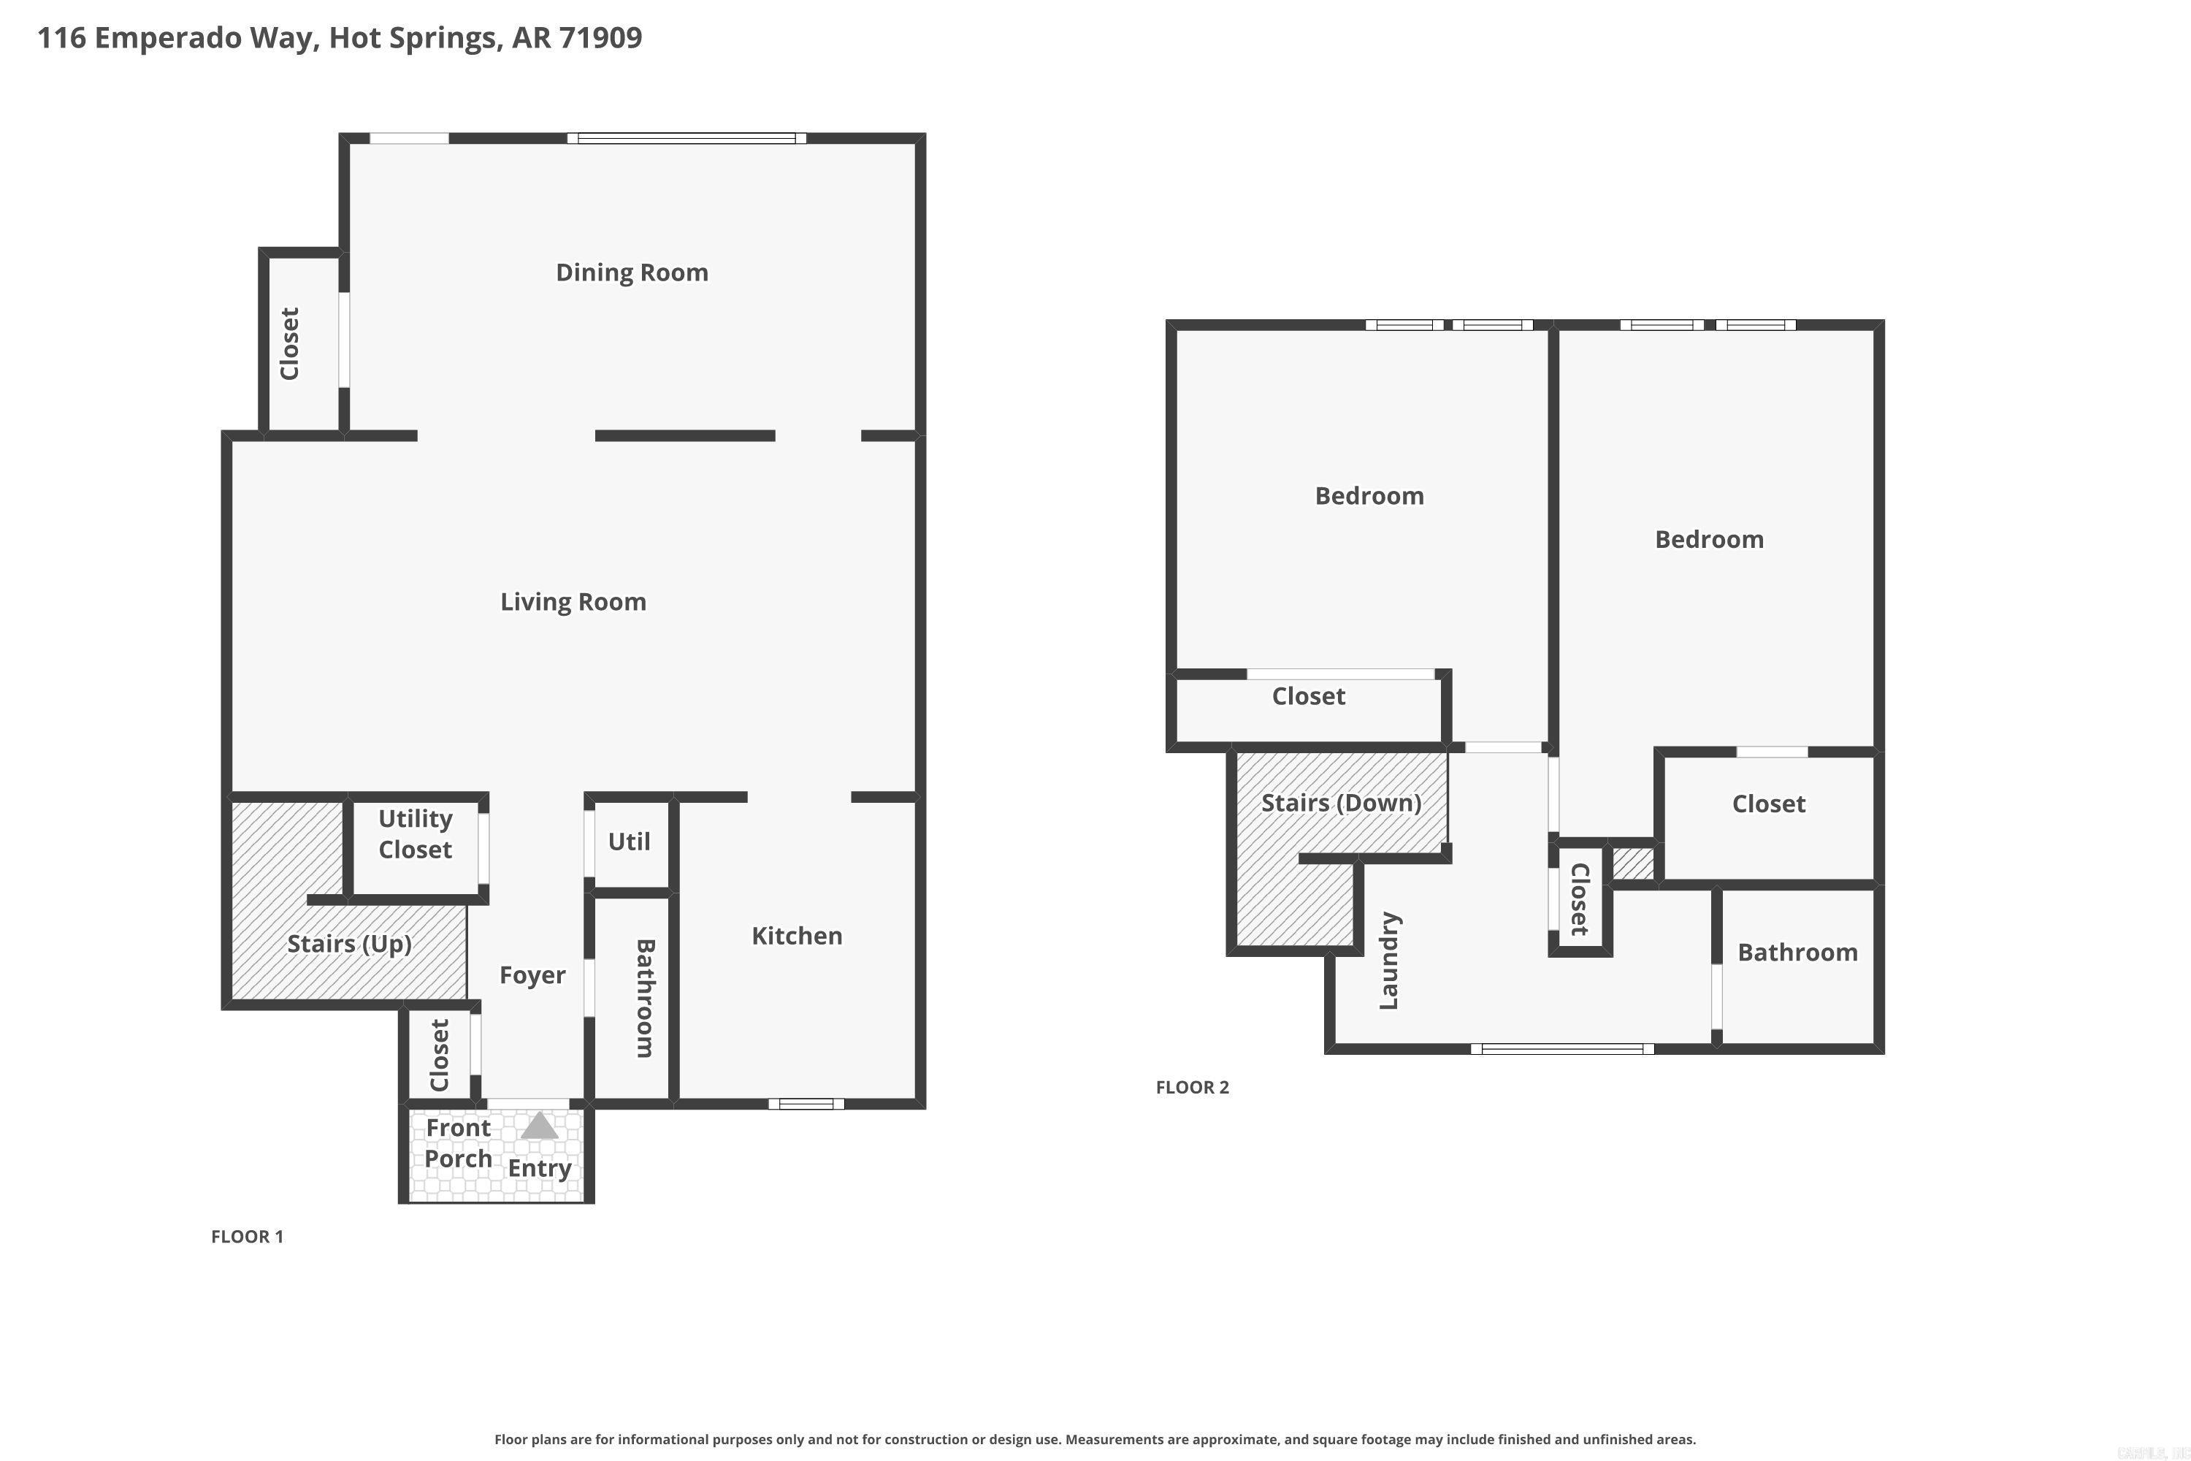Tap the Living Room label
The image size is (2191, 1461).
tap(573, 602)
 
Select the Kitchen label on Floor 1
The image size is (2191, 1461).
tap(797, 936)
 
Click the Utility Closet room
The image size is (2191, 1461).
tap(415, 835)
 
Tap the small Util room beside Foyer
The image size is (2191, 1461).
tap(629, 842)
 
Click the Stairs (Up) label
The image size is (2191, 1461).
tap(348, 944)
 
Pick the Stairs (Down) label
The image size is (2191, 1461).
tap(1340, 803)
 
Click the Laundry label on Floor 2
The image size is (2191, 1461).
tap(1389, 961)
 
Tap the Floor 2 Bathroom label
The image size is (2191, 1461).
tap(1797, 953)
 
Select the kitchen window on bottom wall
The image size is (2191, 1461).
tap(806, 1104)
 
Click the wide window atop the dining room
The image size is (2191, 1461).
tap(687, 139)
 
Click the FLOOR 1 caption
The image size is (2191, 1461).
tap(247, 1237)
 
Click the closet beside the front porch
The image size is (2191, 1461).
tap(440, 1055)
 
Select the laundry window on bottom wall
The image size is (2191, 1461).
tap(1562, 1049)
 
